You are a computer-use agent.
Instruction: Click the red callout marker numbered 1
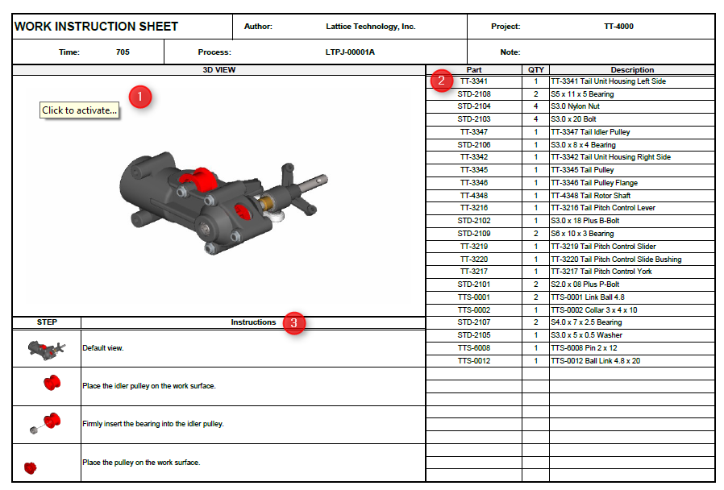point(141,97)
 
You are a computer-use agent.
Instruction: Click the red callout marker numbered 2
point(440,80)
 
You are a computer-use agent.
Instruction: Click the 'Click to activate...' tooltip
point(80,110)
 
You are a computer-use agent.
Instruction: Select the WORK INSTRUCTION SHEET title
point(97,27)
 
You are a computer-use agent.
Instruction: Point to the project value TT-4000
point(618,27)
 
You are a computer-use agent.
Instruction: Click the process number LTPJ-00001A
point(344,52)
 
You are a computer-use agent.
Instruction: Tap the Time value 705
point(123,52)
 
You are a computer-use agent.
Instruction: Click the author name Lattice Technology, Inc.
point(371,27)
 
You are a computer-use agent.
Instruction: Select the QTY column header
point(535,70)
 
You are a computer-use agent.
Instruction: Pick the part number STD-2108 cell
point(474,94)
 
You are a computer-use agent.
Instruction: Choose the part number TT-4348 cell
point(474,196)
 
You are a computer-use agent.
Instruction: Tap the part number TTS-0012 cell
point(474,361)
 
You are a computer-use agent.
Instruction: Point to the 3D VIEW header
point(218,70)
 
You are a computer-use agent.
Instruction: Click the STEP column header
point(47,322)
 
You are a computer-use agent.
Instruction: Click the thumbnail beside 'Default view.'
point(47,348)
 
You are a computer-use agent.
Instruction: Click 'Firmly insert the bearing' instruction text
point(152,424)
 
